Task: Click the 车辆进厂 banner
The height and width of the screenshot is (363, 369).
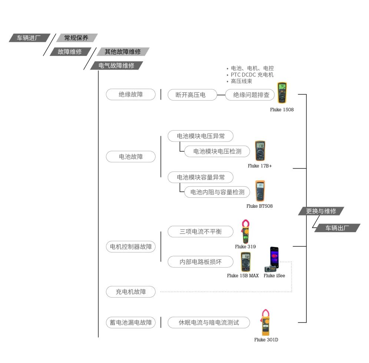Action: [x=29, y=38]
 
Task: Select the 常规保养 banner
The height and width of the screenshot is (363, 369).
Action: [x=76, y=38]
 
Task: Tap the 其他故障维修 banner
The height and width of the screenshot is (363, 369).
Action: [x=123, y=51]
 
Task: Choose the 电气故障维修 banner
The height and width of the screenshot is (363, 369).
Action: [x=116, y=65]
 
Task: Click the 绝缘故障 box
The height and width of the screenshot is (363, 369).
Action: [x=130, y=94]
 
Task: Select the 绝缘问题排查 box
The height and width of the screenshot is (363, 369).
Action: [x=251, y=95]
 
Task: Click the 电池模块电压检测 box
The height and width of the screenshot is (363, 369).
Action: [x=217, y=151]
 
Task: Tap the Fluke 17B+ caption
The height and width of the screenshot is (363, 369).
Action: [x=260, y=166]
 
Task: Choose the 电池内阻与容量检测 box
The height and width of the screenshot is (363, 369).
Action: [x=217, y=192]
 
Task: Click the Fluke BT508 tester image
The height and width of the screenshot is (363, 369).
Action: [x=260, y=191]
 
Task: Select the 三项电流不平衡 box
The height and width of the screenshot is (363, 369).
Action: [x=200, y=232]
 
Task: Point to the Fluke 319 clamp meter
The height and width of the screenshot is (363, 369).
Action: [x=245, y=231]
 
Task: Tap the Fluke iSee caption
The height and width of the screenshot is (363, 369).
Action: [x=274, y=276]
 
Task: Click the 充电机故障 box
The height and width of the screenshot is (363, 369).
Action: [x=130, y=292]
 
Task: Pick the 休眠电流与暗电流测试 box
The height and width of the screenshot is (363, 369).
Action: [x=209, y=322]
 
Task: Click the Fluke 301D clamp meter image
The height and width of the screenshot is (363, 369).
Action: [x=265, y=322]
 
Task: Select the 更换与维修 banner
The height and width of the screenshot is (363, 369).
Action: [x=321, y=211]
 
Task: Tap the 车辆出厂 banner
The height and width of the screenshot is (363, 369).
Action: [x=337, y=228]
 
